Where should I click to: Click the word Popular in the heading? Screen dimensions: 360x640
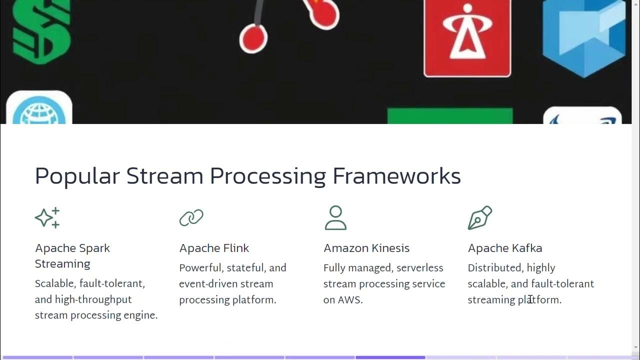[x=77, y=176]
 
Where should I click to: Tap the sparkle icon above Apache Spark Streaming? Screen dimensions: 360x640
[x=47, y=217]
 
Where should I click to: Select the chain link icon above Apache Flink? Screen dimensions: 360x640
[x=191, y=217]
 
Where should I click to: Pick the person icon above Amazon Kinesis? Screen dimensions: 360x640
[x=335, y=217]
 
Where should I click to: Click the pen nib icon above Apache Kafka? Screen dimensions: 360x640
[x=480, y=217]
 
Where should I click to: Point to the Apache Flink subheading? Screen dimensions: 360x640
[x=214, y=248]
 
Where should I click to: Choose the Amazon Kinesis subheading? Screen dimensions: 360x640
[x=366, y=248]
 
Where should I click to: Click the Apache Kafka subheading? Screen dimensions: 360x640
[x=505, y=248]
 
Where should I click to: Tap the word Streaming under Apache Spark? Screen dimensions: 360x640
[x=62, y=264]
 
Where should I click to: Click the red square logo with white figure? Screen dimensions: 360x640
[x=467, y=37]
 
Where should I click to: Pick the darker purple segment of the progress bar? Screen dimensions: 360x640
[x=390, y=357]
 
